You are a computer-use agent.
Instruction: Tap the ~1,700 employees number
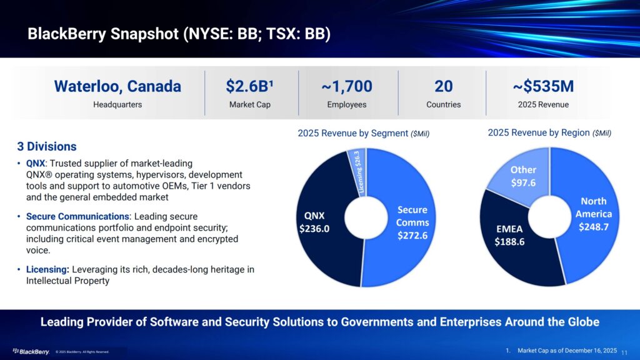pos(347,86)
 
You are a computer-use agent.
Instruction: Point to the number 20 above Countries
pos(443,86)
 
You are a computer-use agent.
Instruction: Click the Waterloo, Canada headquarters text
pos(117,86)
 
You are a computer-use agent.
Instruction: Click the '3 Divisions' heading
pos(47,147)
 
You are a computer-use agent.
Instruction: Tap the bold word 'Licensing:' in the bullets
pos(47,269)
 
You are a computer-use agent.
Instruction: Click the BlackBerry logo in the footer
pos(31,351)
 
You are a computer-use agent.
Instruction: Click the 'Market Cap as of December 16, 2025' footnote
pos(567,351)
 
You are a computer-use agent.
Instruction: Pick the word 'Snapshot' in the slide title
pos(142,33)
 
